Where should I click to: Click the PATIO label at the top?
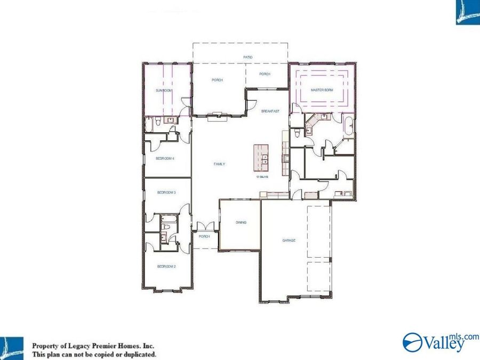(x=248, y=57)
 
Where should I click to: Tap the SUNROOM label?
(x=164, y=91)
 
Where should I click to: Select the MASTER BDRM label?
(x=322, y=90)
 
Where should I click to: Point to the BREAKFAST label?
(x=270, y=111)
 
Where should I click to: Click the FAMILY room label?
(x=219, y=164)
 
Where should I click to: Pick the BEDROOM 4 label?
(x=165, y=158)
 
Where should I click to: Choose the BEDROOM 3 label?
(x=166, y=192)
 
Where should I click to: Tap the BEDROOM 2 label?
(x=166, y=266)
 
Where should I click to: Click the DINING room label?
(x=241, y=222)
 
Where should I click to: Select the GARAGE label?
(x=289, y=241)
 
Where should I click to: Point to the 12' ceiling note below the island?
(x=261, y=177)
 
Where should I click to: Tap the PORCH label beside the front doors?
(x=204, y=236)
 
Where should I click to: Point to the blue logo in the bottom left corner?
(x=11, y=348)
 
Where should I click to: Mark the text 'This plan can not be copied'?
(x=80, y=354)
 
